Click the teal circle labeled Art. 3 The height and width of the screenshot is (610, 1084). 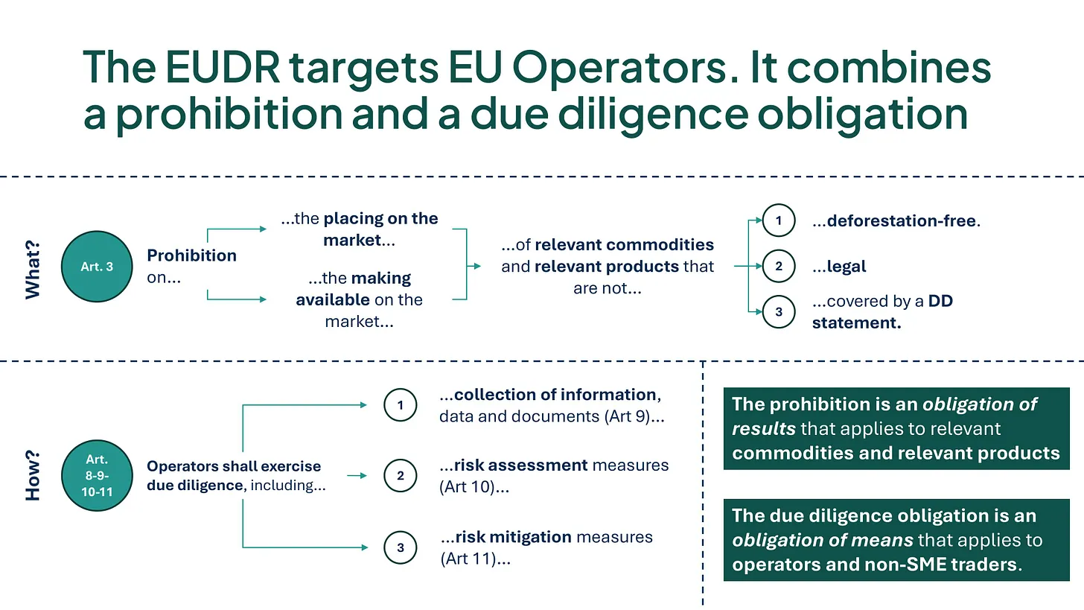(x=97, y=267)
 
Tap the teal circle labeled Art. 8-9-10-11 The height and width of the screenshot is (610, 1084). (x=97, y=475)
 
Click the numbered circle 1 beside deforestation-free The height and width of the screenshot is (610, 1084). (x=779, y=220)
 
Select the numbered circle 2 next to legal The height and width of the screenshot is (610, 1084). (x=779, y=266)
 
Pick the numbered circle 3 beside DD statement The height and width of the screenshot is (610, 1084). (x=779, y=312)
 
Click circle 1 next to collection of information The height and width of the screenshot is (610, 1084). (x=401, y=404)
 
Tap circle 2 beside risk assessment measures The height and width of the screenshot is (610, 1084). (x=401, y=475)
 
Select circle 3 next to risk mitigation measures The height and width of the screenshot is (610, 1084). (x=401, y=547)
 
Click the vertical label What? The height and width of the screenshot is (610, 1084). (x=33, y=270)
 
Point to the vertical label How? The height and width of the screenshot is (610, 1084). (x=33, y=475)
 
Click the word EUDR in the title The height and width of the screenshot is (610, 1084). (x=223, y=67)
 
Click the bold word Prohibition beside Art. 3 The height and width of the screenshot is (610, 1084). (x=191, y=255)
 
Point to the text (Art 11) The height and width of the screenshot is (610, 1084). (x=469, y=559)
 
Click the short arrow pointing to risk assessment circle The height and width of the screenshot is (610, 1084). (x=357, y=475)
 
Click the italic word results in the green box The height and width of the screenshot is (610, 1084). (x=764, y=428)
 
